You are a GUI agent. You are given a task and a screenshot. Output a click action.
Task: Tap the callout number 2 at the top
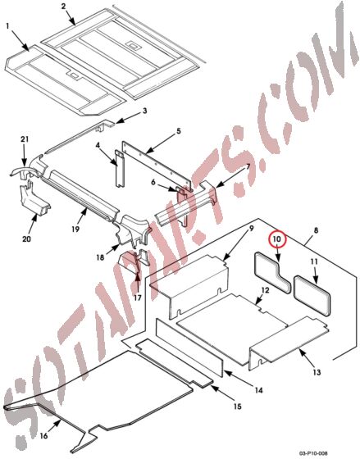63,7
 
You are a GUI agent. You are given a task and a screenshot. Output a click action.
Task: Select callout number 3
144,111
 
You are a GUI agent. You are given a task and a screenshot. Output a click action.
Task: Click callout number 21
25,141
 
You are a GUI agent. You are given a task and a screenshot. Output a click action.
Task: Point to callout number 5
178,131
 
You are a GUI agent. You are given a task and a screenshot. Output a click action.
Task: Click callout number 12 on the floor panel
264,291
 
